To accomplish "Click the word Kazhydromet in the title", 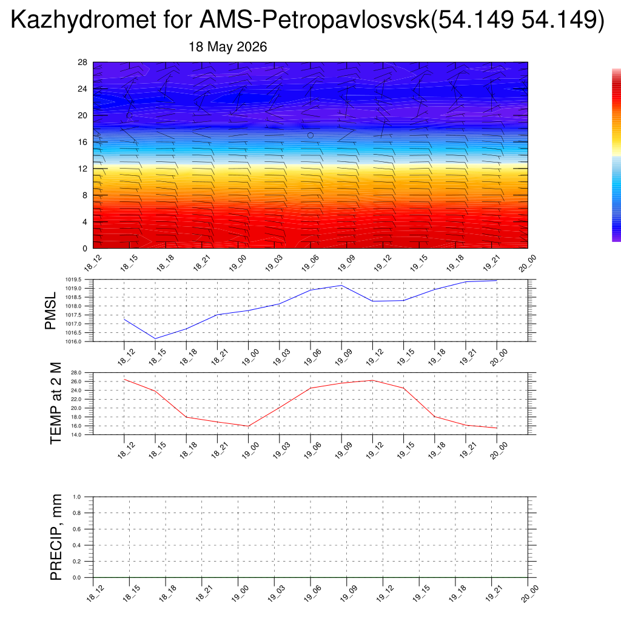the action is [x=83, y=20].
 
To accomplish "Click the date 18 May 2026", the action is [x=228, y=47].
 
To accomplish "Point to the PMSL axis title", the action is [x=51, y=311].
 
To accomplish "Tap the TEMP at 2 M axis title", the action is [x=56, y=403].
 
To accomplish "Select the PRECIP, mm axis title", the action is [x=56, y=537].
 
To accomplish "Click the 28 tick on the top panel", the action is [x=82, y=62].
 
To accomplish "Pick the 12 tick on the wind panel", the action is [x=82, y=169].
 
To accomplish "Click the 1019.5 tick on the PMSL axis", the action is [x=73, y=280].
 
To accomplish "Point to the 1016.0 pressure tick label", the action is [x=73, y=341].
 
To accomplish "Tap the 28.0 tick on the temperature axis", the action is [x=76, y=373].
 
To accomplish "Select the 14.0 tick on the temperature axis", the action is [x=76, y=435].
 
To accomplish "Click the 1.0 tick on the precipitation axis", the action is [x=77, y=497].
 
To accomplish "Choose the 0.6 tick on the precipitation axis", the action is [x=77, y=529].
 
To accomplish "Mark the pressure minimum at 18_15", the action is [x=155, y=338].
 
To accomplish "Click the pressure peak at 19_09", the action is [x=341, y=286].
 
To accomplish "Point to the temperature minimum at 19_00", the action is [x=248, y=426].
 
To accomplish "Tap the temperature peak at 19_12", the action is [x=372, y=381].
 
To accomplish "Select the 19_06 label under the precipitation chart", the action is [x=312, y=593].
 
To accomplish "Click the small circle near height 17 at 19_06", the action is [x=310, y=135].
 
